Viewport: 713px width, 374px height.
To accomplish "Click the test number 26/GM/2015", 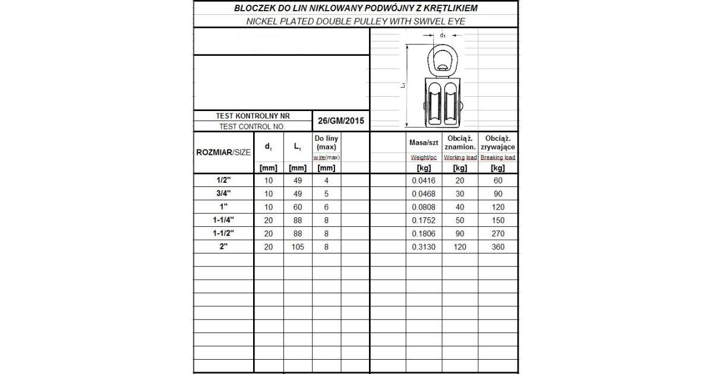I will [341, 121].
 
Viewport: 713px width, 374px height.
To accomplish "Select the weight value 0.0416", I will [423, 181].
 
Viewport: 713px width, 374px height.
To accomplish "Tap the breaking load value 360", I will [498, 246].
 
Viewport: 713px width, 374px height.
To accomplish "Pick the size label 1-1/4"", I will [223, 220].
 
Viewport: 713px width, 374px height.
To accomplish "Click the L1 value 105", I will [298, 246].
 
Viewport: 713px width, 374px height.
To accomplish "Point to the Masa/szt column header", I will [423, 142].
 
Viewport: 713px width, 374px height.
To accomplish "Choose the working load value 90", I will [460, 233].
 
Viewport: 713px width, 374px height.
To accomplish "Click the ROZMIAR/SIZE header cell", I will [223, 152].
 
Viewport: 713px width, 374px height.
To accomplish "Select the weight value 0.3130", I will [423, 246].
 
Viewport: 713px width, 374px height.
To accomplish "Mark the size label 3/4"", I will [223, 194].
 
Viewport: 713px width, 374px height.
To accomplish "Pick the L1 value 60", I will [298, 207].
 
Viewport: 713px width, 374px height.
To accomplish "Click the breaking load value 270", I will [498, 233].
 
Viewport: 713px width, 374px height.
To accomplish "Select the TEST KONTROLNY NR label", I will [252, 116].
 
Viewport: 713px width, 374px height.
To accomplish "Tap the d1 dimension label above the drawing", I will [443, 36].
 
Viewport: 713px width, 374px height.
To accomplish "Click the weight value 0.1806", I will [423, 233].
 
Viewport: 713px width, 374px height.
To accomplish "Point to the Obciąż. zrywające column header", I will [498, 142].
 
